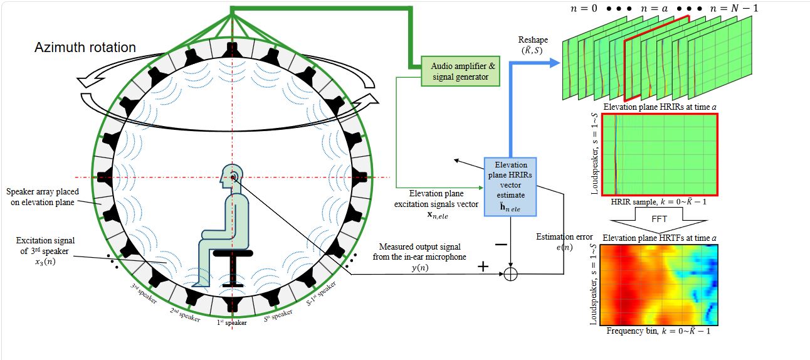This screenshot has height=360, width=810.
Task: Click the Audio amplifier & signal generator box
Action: (x=460, y=71)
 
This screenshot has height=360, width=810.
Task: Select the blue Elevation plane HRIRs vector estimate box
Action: (x=510, y=187)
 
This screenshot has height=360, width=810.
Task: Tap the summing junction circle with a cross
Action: (x=510, y=274)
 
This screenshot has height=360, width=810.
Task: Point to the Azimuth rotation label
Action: (x=85, y=48)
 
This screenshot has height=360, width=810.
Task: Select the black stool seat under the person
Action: (x=233, y=253)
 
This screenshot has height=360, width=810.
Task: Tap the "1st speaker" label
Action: (x=232, y=322)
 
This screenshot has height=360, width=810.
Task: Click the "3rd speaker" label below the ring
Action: (x=144, y=293)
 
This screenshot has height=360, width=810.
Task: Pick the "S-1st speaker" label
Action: (x=321, y=294)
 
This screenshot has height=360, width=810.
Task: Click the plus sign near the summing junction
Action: (x=483, y=267)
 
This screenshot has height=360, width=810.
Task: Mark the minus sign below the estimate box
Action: (x=501, y=245)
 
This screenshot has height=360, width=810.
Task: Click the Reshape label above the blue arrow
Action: (x=533, y=40)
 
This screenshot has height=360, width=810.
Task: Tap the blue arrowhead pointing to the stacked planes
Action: (x=555, y=63)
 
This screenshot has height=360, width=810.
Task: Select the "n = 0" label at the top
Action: (x=584, y=8)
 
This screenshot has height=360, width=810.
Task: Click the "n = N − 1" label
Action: (x=734, y=8)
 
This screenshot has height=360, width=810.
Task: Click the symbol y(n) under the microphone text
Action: (x=420, y=268)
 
